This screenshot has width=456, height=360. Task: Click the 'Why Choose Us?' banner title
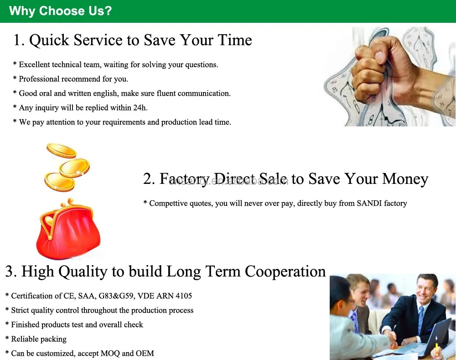coord(60,11)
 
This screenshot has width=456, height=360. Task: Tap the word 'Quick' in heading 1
coord(50,40)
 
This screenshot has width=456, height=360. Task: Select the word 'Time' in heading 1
coord(234,40)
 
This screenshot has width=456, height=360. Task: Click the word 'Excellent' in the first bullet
coord(35,65)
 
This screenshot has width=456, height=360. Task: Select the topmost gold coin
coord(61,151)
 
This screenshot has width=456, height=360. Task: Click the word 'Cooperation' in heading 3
coord(285,271)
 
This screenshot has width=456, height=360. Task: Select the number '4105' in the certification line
coord(184,296)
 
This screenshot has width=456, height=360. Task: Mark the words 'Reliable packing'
coord(39,339)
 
